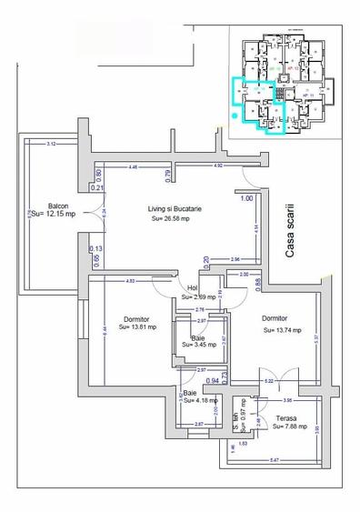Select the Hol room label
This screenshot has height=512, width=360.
(192, 287)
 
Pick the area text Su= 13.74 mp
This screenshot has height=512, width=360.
(283, 330)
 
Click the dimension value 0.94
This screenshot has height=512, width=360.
(187, 380)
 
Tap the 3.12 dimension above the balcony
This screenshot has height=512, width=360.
(51, 144)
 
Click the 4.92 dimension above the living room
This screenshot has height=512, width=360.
(218, 166)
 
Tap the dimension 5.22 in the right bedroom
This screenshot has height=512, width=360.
(269, 380)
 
